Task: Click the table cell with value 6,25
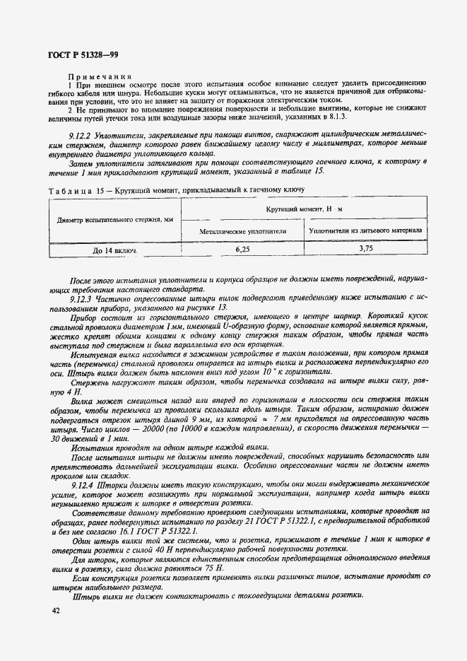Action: tap(242, 249)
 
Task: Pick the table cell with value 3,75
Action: tap(366, 249)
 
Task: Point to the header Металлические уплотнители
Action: tap(242, 230)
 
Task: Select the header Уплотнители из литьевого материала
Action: tap(366, 230)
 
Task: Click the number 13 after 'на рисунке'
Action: tap(223, 308)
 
